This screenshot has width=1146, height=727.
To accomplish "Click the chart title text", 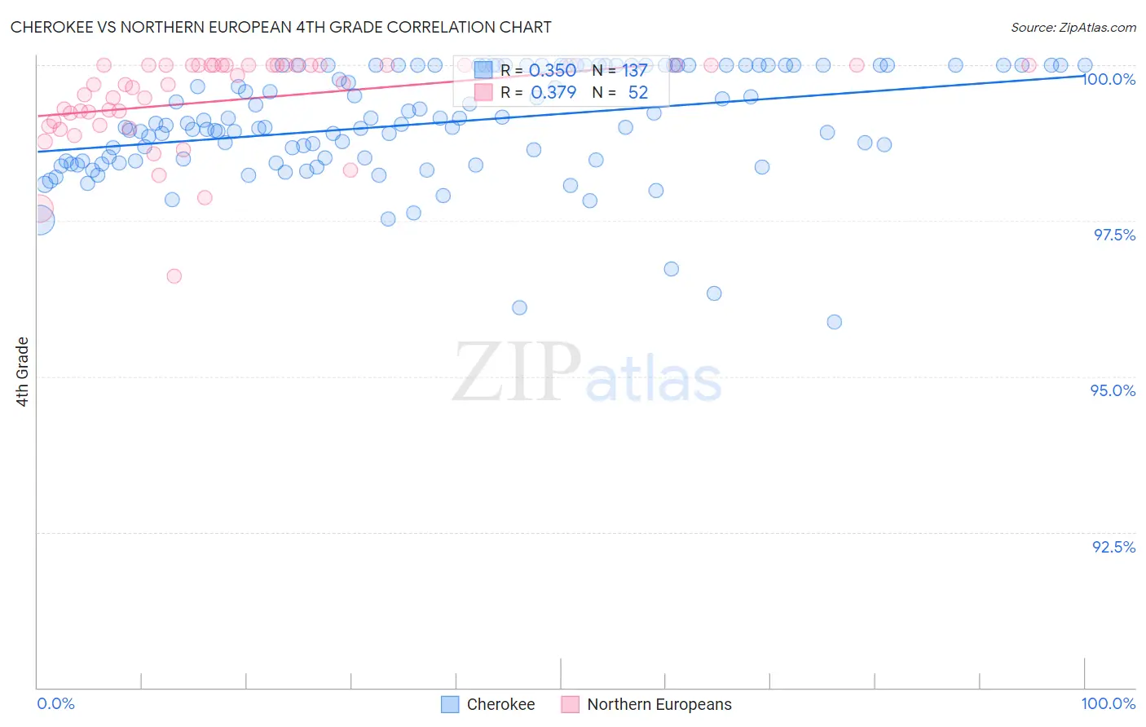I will [x=281, y=27].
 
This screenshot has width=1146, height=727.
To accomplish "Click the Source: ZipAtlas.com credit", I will [x=1073, y=27].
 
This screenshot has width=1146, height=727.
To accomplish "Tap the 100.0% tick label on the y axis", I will [x=1109, y=79].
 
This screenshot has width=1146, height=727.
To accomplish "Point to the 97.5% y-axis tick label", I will [x=1114, y=235].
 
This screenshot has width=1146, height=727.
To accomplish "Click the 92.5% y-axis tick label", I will [x=1113, y=547].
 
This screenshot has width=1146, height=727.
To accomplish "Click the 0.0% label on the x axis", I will [x=55, y=703].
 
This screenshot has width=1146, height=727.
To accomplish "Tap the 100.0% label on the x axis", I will [x=1108, y=703].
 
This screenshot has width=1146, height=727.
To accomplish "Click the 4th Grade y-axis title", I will [x=23, y=372].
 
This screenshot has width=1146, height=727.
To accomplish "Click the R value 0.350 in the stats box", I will [x=553, y=71].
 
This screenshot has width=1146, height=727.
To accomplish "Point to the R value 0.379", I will [x=553, y=93].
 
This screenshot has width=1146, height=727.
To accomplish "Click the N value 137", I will [x=635, y=71].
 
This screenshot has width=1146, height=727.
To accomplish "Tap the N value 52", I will [x=637, y=93].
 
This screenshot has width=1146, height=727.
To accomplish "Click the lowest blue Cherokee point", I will [x=834, y=322].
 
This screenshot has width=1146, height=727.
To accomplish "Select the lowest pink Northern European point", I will [x=174, y=276].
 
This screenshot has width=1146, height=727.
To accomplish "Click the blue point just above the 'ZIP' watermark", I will [x=519, y=307].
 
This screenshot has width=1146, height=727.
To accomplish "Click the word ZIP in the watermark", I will [x=516, y=372].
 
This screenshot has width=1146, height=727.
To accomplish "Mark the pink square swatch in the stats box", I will [x=483, y=92].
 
